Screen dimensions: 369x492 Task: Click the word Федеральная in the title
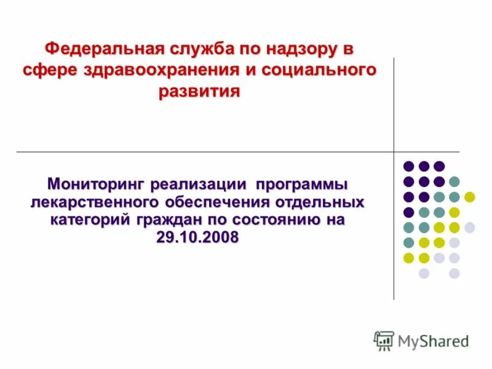pos(101,47)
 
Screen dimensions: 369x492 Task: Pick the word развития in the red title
pos(199,92)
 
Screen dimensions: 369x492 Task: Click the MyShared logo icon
pos(384,340)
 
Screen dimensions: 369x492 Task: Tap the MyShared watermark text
pos(433,341)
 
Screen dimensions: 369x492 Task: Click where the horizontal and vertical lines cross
pos(394,151)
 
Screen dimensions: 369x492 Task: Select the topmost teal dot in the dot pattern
pos(454,181)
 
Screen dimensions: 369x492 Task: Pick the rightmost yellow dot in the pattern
pos(470,197)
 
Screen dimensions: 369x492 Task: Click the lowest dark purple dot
pos(408,212)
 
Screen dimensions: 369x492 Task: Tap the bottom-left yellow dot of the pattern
pos(408,258)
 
